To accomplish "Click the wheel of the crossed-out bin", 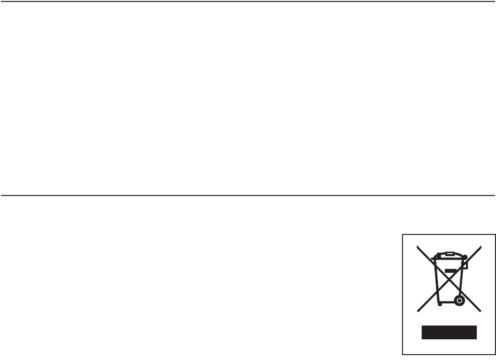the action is [459, 300].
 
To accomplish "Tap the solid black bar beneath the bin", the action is [449, 332].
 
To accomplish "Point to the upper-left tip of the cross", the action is [418, 246].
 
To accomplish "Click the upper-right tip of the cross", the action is [481, 246].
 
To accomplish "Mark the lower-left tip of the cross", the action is [418, 311].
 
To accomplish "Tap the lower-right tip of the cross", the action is [481, 311].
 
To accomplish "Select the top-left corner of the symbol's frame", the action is [403, 233].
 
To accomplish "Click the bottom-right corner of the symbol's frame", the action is [494, 355].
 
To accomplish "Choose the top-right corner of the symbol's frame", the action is [494, 233].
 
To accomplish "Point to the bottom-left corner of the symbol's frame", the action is [403, 355].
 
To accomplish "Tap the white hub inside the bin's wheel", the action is [459, 300].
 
